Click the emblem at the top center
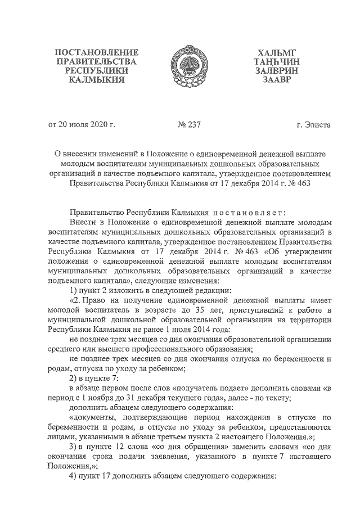pos(180,67)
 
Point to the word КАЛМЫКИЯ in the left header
pos(96,80)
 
